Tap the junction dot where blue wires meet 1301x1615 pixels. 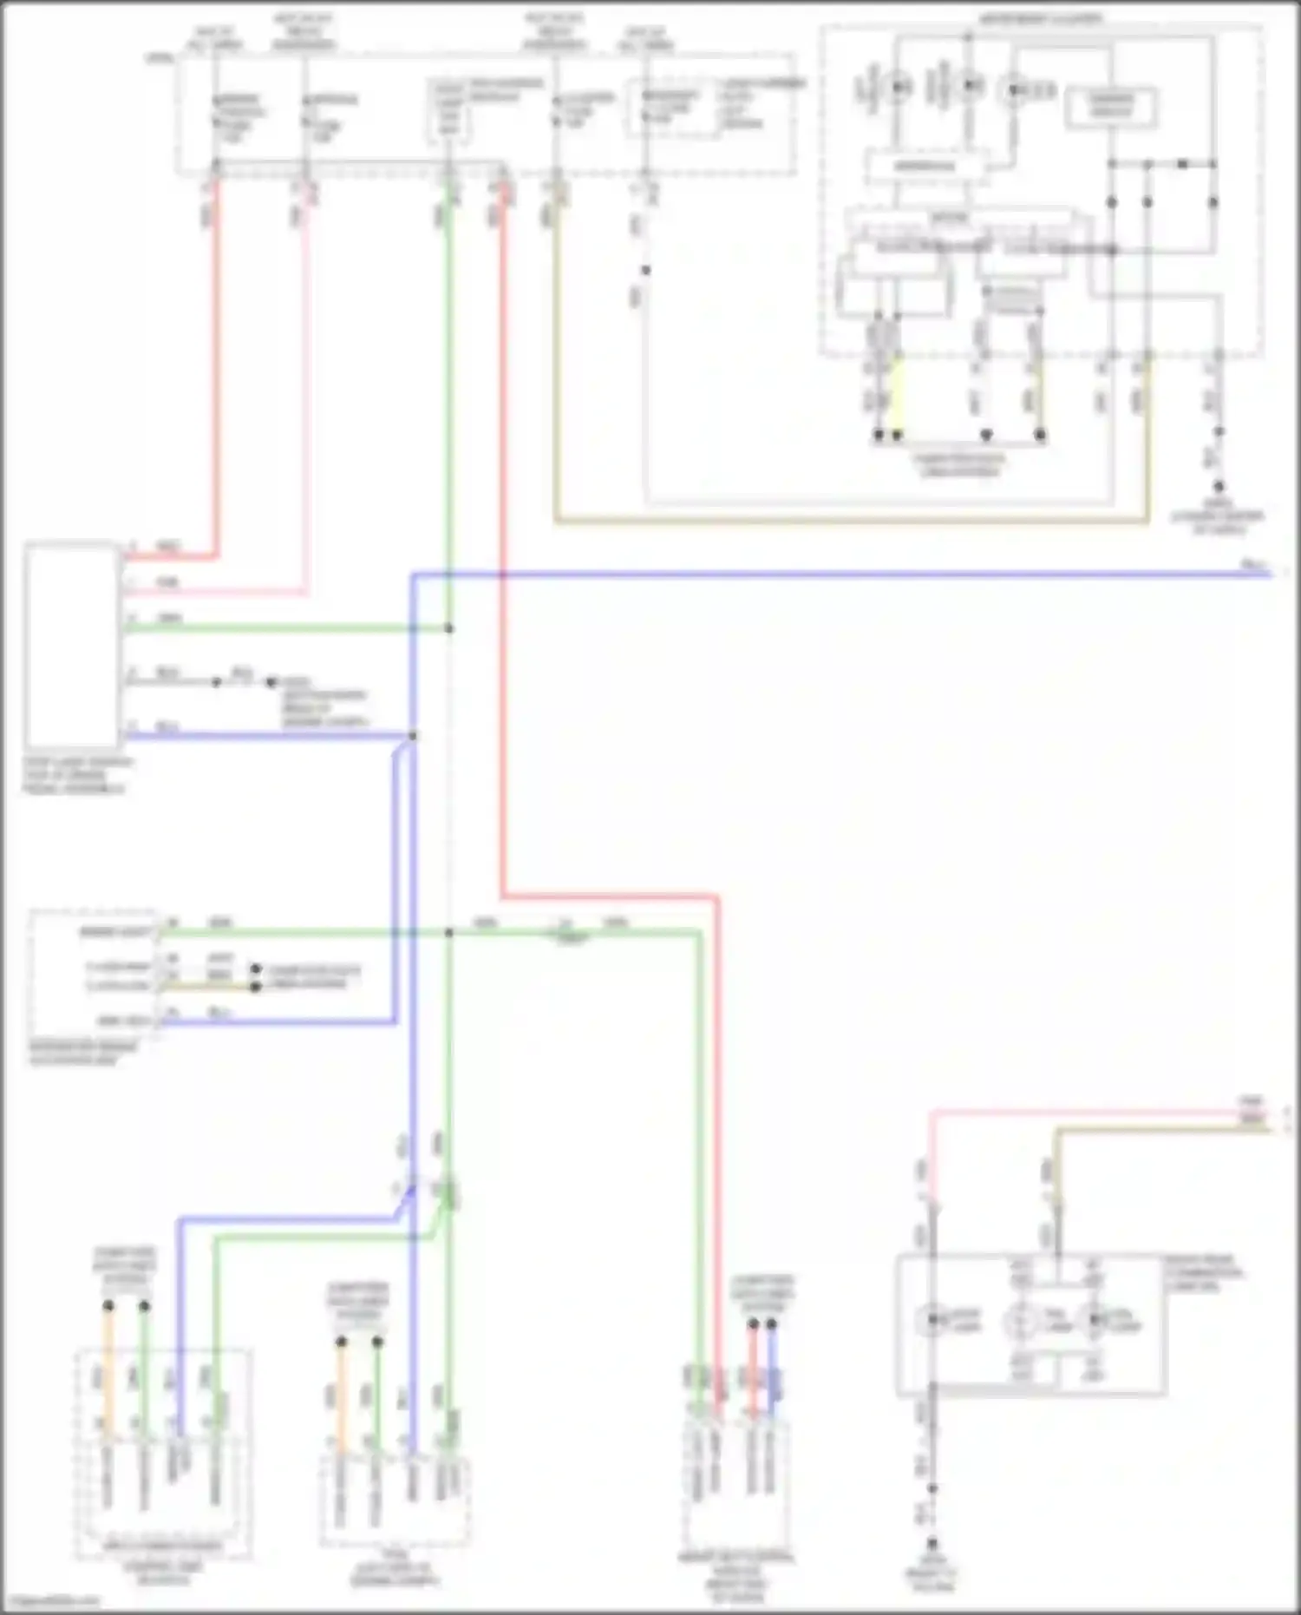click(x=413, y=736)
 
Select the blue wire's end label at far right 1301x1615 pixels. click(x=1253, y=566)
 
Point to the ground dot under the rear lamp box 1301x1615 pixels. click(x=932, y=1544)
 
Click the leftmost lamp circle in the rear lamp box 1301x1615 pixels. click(x=932, y=1320)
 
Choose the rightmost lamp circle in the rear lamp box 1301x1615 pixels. click(x=1095, y=1320)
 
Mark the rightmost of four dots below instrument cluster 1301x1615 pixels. click(x=1040, y=435)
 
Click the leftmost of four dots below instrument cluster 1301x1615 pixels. click(x=878, y=435)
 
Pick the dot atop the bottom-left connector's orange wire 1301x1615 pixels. click(x=108, y=1305)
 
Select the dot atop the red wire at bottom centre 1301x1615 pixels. click(x=753, y=1324)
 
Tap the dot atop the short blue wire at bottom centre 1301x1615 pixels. click(x=771, y=1324)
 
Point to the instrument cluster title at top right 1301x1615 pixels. click(x=1041, y=17)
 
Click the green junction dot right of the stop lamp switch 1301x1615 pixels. click(x=448, y=628)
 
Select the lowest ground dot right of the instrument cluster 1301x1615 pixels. click(x=1219, y=488)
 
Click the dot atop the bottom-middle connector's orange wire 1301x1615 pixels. click(x=342, y=1342)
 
